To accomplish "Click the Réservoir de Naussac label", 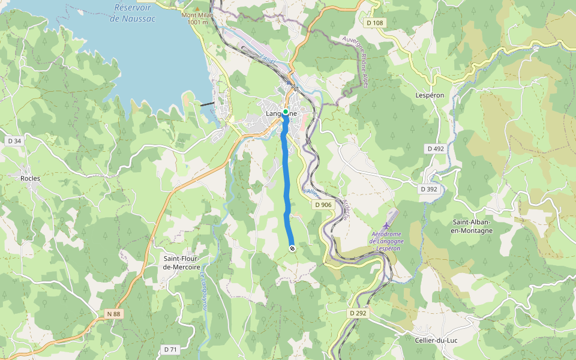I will pos(133,13).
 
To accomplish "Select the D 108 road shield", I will pos(374,23).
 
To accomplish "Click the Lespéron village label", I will pos(430,95).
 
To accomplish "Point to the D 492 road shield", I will pos(436,148).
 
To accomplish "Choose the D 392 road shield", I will pos(429,189).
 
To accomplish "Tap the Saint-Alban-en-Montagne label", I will pos(472,226).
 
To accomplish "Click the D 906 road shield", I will pos(323,205).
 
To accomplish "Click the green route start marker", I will pos(286,112).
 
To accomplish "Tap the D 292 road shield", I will pos(358,313).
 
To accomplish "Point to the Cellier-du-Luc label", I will pos(436,340).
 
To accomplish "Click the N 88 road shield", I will pos(113,314).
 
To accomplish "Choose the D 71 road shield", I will pos(170,349).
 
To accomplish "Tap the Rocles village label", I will pos(31,178).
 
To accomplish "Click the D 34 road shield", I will pos(14,141).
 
